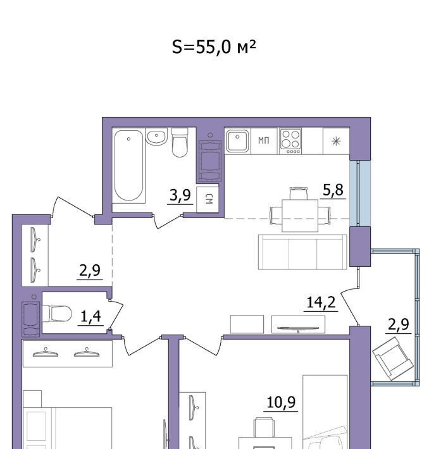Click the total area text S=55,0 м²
tap(214, 47)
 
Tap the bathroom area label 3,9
tap(180, 195)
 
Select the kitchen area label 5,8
tap(333, 190)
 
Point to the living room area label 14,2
tap(321, 302)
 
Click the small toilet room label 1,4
tap(91, 316)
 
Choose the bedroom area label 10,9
tap(281, 402)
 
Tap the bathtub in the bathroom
tap(128, 166)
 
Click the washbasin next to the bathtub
tap(156, 137)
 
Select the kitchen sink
tap(237, 141)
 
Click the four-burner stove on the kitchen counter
tap(290, 142)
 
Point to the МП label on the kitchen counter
tap(264, 140)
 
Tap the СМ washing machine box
tap(208, 199)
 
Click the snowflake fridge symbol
tap(336, 141)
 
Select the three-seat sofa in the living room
tap(302, 252)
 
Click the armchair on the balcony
tap(393, 359)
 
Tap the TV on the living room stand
tap(298, 328)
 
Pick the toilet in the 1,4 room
tap(57, 314)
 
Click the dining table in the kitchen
tap(300, 216)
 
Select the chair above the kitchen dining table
tap(298, 194)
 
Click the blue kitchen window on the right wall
tap(360, 194)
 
